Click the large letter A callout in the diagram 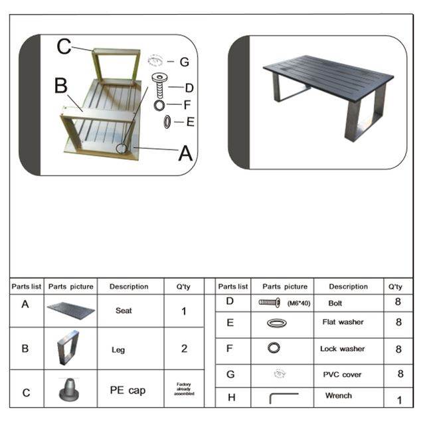[185, 153]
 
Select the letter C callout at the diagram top [64, 46]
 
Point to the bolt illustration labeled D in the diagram [160, 85]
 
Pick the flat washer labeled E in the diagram [167, 122]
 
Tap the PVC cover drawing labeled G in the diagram [157, 61]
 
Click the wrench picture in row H [284, 398]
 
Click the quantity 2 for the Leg [184, 348]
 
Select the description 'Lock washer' [342, 349]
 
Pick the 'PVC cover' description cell [342, 375]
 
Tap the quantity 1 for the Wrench [399, 400]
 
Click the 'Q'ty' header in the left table [183, 287]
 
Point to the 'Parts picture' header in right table [284, 287]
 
